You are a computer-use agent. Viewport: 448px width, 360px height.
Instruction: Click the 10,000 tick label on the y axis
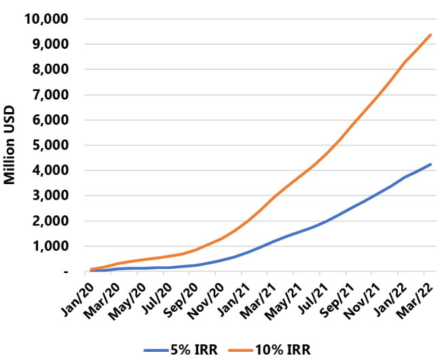tap(46, 18)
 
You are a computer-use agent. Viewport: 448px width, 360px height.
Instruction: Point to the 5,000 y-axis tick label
tap(50, 145)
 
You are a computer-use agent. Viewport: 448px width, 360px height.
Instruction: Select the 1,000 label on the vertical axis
tap(50, 246)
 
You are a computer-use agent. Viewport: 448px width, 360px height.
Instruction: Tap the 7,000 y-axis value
tap(50, 94)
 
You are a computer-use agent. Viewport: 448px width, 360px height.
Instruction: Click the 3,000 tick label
tap(50, 196)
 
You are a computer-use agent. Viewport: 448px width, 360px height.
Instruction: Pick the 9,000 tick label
tap(50, 44)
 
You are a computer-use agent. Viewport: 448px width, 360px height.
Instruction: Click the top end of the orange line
tap(430, 35)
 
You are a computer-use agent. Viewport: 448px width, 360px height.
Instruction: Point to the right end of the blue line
tap(430, 164)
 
